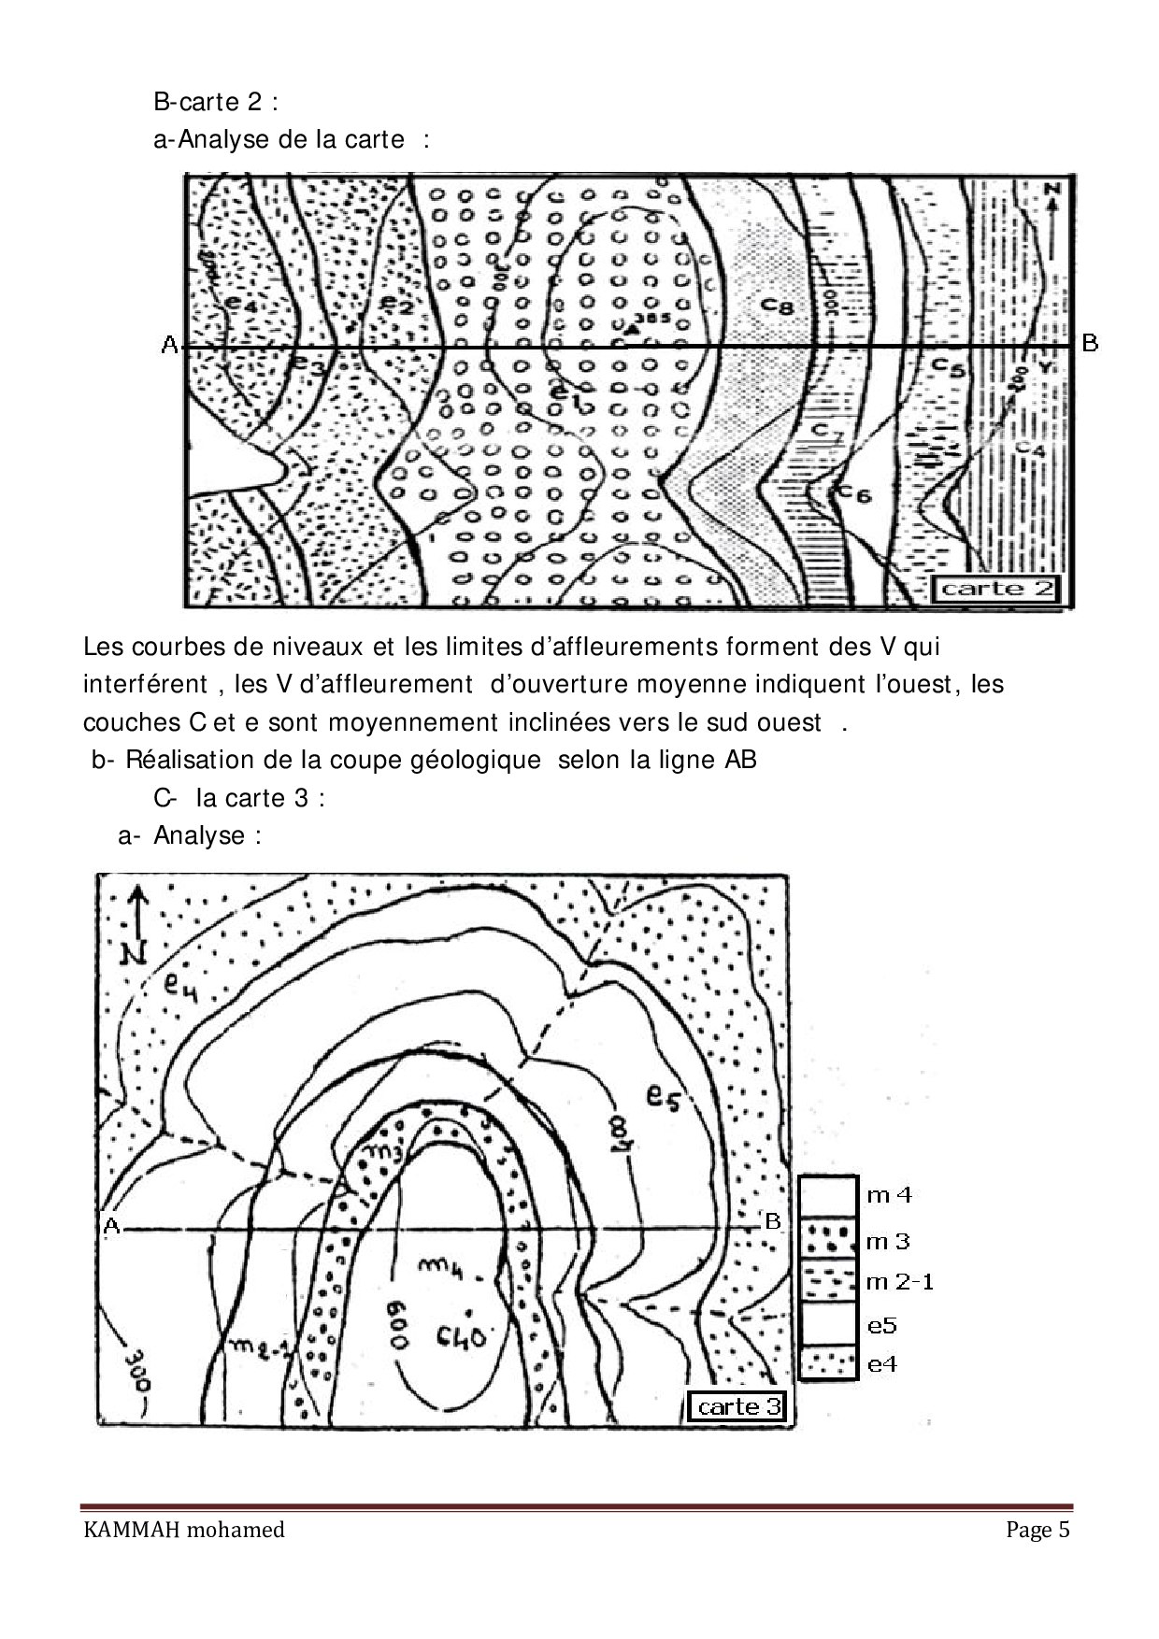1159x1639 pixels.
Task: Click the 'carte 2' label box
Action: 996,588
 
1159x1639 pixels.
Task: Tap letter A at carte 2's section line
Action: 169,346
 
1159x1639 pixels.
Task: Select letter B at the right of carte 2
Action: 1090,343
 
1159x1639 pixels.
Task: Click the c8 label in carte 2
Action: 776,305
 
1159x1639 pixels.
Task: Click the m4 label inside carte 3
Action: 435,1265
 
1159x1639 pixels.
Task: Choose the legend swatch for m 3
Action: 828,1240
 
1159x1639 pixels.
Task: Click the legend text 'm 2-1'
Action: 900,1282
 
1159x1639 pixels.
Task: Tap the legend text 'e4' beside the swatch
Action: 882,1363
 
